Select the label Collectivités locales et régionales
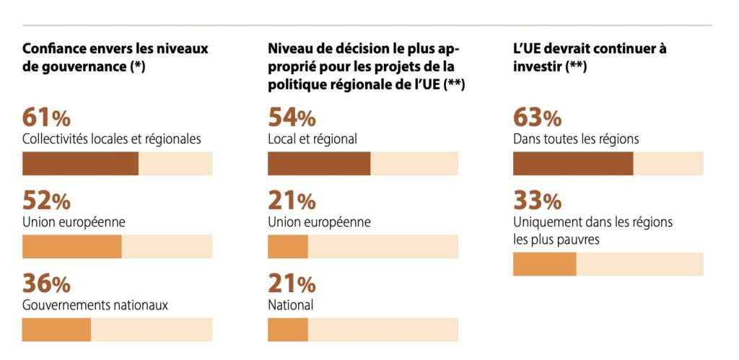[111, 139]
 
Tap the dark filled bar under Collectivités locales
[80, 164]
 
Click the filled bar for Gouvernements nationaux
[56, 330]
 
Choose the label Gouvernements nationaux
[95, 305]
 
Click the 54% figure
[292, 118]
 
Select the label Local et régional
[312, 139]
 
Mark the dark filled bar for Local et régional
[319, 164]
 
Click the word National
[290, 305]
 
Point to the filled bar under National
[288, 330]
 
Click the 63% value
[537, 118]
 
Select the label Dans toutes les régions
[576, 139]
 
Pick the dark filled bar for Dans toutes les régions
[573, 164]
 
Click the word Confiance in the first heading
[54, 49]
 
